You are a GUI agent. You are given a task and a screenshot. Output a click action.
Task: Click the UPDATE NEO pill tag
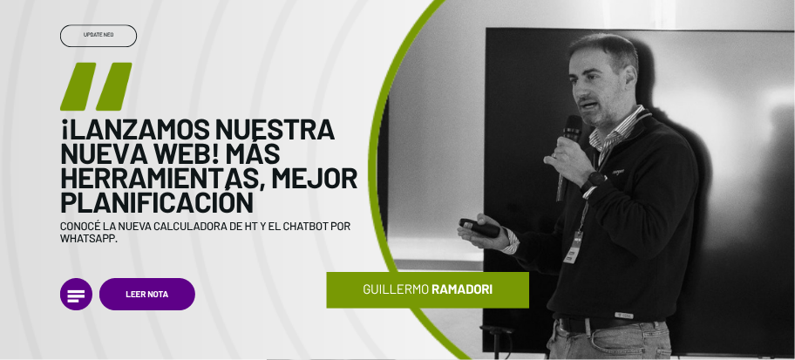99,36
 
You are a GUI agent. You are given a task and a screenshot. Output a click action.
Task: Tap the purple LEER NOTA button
147,294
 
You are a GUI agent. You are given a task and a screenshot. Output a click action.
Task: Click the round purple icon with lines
76,294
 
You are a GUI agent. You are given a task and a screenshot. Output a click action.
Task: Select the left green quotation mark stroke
78,86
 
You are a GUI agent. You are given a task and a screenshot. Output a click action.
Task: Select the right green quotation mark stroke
113,86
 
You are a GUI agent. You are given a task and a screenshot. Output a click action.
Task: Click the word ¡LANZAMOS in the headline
135,129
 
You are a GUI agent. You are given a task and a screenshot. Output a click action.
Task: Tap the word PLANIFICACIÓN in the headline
157,202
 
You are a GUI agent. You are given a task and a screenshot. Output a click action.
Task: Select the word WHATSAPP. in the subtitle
89,238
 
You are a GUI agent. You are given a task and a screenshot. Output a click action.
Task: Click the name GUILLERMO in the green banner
396,289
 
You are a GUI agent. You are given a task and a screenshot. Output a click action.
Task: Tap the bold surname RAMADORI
462,289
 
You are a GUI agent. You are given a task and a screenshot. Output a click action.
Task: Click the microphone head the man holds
573,128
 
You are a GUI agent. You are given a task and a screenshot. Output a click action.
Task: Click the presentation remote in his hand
479,228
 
